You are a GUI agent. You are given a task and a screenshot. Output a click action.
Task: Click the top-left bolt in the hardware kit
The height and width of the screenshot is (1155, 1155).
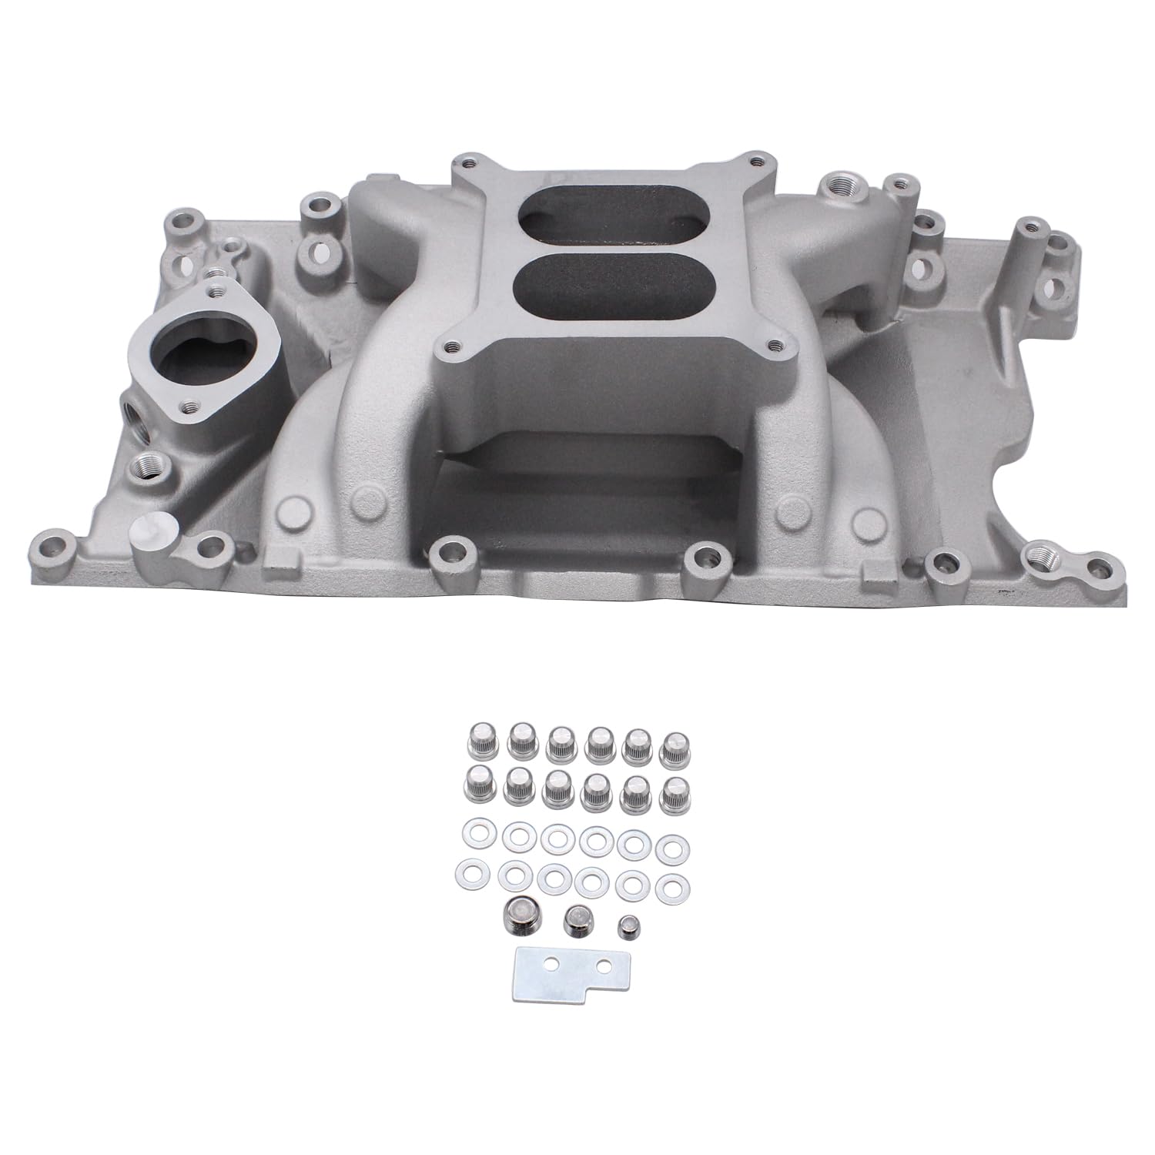coord(477,741)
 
